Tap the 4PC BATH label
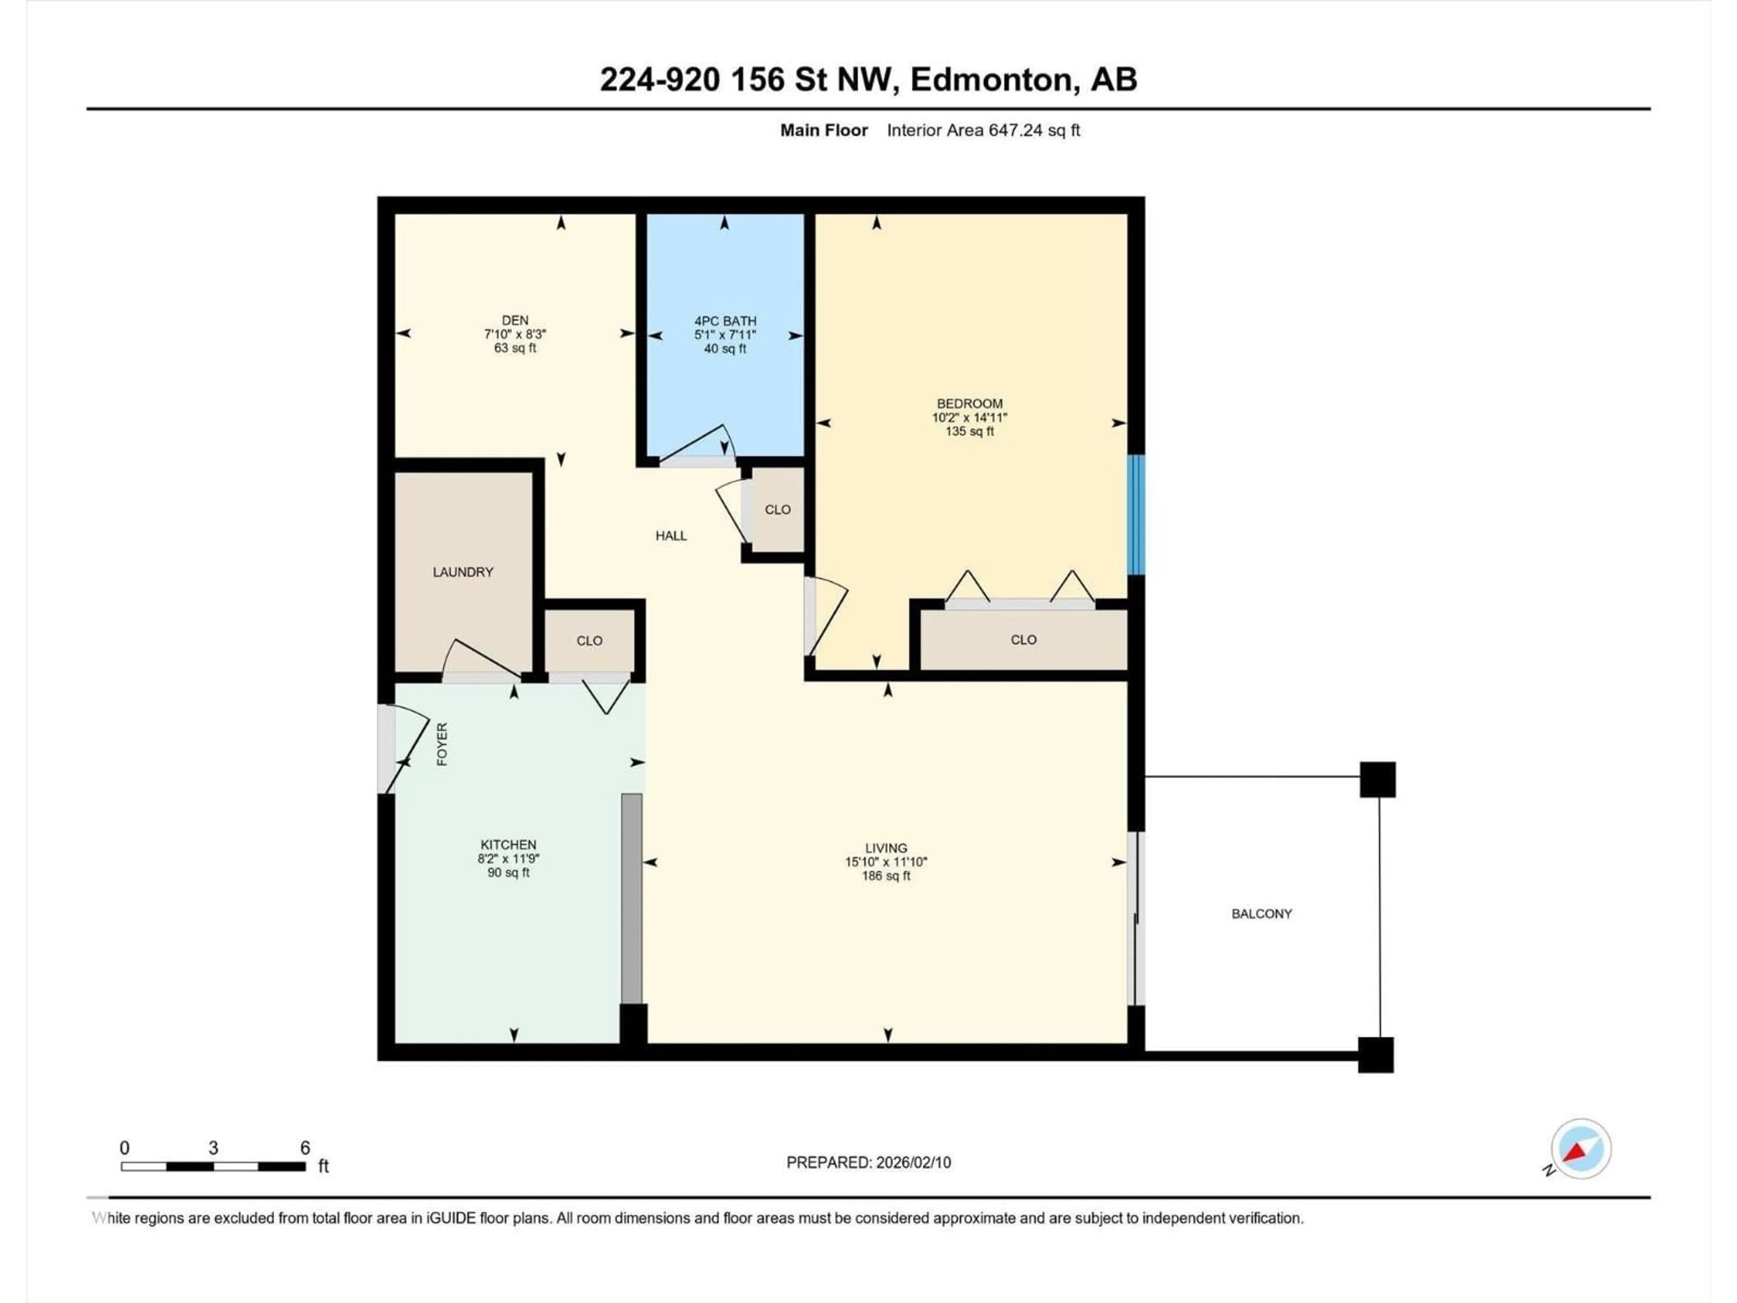coord(725,320)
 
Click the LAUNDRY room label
coord(462,572)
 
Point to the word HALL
coord(671,536)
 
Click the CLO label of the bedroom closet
coord(1023,639)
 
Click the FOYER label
coord(442,744)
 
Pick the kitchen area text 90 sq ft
coord(508,873)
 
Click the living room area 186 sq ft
coord(886,876)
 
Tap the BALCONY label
coord(1261,913)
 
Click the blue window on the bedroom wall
coord(1135,514)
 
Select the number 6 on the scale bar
coord(305,1147)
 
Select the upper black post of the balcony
coord(1377,779)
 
